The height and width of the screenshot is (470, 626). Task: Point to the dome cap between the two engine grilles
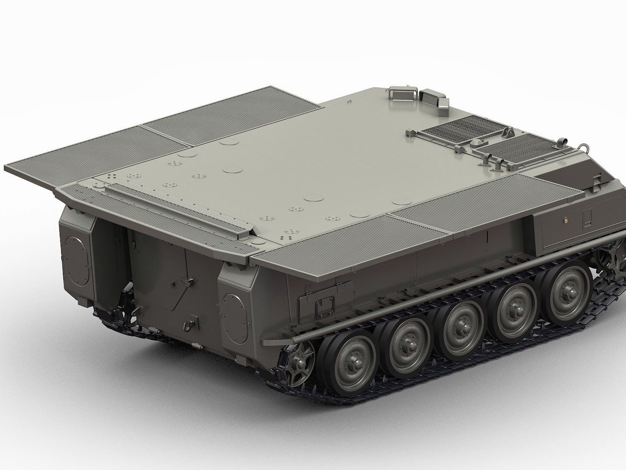(x=475, y=143)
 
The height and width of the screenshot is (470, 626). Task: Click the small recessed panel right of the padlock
(x=588, y=218)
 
